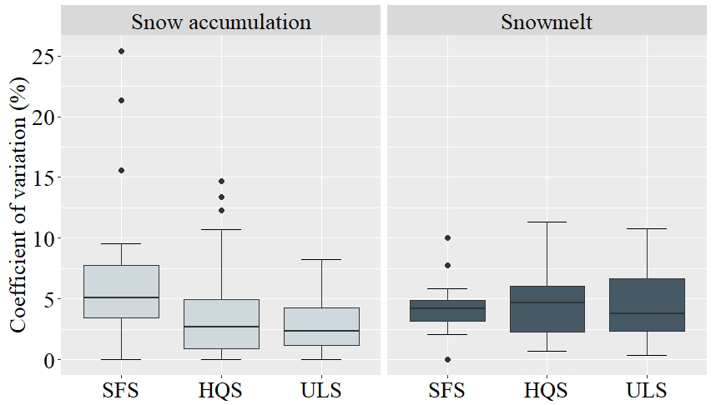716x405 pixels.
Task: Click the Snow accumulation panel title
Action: pos(221,22)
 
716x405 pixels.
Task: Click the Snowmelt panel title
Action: pos(547,22)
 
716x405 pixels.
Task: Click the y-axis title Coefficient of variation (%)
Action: pos(18,204)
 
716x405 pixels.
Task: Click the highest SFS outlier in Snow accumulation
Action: pos(121,52)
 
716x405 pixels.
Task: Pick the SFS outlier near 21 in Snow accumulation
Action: pos(121,101)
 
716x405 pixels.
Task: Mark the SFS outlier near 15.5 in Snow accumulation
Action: pos(121,170)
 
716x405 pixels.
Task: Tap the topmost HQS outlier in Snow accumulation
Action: pos(222,181)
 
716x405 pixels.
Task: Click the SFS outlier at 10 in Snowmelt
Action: pos(447,238)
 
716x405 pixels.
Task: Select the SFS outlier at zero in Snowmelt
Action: pos(447,359)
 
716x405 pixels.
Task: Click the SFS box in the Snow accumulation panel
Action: pos(121,291)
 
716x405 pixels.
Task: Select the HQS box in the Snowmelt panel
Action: pos(548,308)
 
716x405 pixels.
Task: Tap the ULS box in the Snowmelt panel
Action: pos(648,304)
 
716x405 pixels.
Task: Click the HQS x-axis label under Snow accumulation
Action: pos(222,389)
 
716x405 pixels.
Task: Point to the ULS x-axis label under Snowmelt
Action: pos(648,389)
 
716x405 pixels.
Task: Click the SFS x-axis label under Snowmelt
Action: pos(447,389)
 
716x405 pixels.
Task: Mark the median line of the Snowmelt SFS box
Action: pos(447,308)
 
